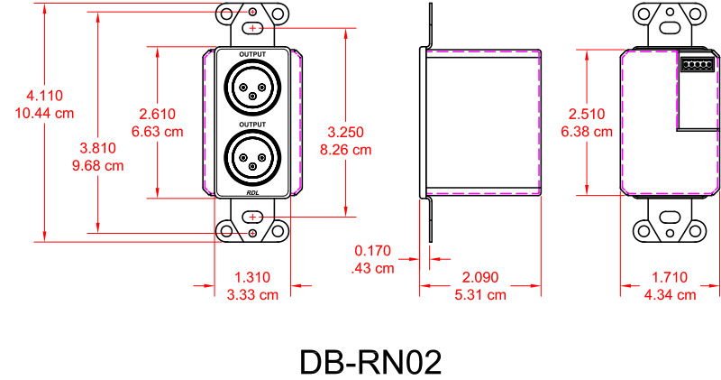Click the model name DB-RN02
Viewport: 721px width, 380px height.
[x=370, y=362]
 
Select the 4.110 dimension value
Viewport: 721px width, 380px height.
[x=44, y=97]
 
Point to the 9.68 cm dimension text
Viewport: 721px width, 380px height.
[x=98, y=165]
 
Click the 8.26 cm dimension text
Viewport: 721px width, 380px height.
[x=345, y=150]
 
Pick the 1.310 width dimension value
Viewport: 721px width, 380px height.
[x=251, y=278]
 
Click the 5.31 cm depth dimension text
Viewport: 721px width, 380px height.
[x=479, y=294]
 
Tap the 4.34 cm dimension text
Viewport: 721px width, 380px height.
[x=669, y=294]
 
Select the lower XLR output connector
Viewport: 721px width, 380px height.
[x=251, y=157]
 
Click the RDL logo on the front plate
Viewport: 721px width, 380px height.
[x=252, y=192]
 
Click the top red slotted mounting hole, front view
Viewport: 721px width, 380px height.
[x=252, y=29]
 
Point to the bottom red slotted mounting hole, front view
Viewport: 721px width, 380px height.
[x=252, y=217]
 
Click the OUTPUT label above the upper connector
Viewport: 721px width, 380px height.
[x=252, y=55]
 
